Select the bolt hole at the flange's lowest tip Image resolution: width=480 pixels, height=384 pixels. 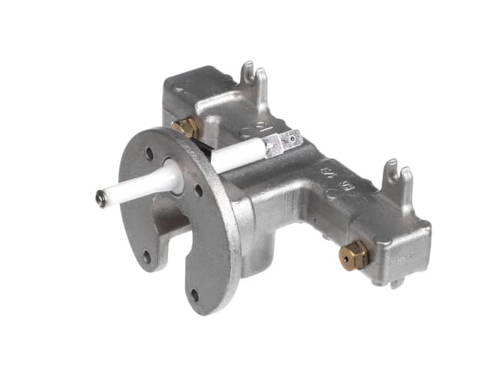coord(194,294)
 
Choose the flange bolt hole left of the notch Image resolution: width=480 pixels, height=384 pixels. coord(146,256)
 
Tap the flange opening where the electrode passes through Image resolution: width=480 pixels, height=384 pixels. coord(170,173)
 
